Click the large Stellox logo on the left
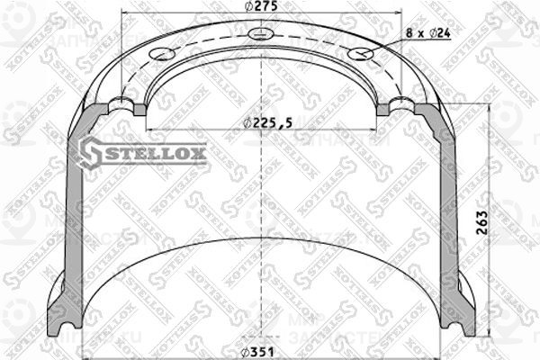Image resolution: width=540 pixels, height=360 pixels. [x=143, y=152]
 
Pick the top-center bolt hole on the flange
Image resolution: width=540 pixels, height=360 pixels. [x=261, y=35]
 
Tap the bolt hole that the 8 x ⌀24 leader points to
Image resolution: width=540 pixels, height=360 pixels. [x=360, y=55]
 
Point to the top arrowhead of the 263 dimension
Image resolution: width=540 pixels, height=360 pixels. [x=489, y=106]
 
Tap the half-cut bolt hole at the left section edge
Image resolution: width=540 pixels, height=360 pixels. [x=125, y=107]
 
